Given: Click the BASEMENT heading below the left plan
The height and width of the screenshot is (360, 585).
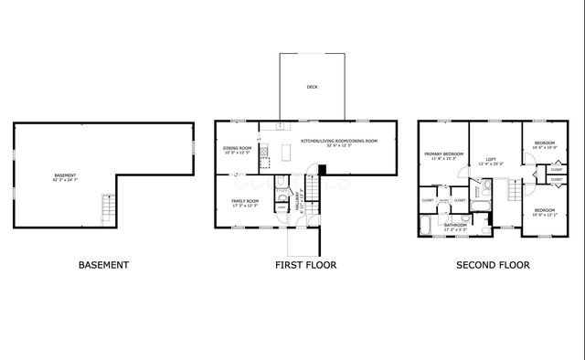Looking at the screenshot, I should [x=103, y=265].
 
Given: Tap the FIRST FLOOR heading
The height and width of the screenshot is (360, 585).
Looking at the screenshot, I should [x=305, y=265].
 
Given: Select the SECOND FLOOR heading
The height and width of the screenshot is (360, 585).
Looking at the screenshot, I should [x=493, y=265].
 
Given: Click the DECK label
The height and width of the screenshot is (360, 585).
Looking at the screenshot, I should [x=313, y=88].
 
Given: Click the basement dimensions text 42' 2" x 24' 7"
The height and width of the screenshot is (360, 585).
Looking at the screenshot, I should [x=65, y=179].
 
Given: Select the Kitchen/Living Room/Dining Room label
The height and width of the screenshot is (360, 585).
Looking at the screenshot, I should [x=339, y=141].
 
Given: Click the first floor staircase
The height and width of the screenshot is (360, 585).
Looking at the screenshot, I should [x=312, y=189].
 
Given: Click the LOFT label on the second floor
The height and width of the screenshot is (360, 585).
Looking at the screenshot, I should [x=491, y=159].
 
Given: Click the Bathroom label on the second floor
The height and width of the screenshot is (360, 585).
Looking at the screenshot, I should [x=455, y=224].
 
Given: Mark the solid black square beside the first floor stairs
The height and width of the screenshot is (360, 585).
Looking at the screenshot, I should [x=321, y=169].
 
